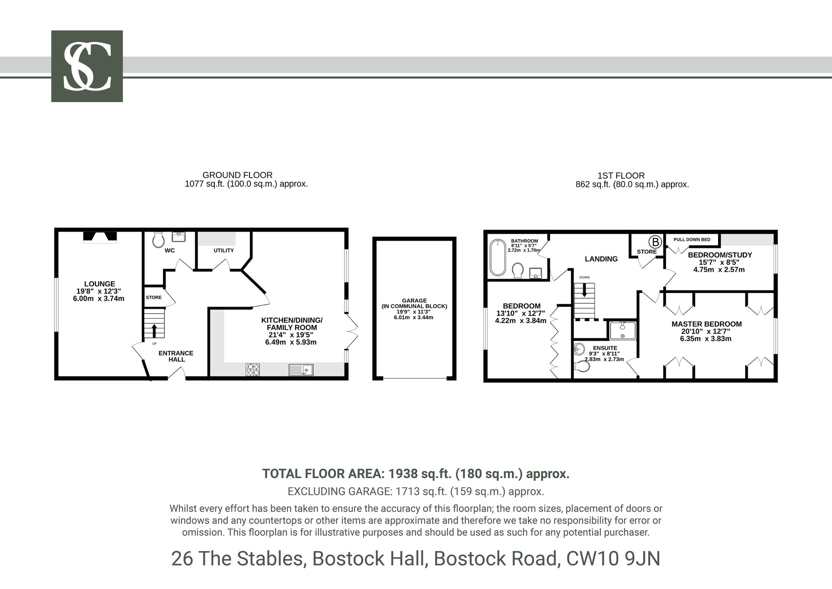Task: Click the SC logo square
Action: click(87, 66)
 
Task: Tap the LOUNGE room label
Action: click(99, 284)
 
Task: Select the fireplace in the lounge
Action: click(100, 237)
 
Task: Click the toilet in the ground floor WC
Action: click(158, 240)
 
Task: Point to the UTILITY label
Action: click(224, 250)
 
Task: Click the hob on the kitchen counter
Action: click(253, 370)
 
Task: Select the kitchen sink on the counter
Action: click(301, 370)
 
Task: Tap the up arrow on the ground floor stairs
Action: click(154, 331)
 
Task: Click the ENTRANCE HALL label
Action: click(176, 356)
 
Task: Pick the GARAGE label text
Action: click(414, 300)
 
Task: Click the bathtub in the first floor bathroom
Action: click(497, 257)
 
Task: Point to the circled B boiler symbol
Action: click(655, 242)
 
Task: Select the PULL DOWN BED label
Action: click(692, 240)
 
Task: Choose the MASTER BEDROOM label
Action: click(706, 324)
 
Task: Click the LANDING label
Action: click(601, 259)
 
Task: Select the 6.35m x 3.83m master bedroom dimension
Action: click(706, 339)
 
